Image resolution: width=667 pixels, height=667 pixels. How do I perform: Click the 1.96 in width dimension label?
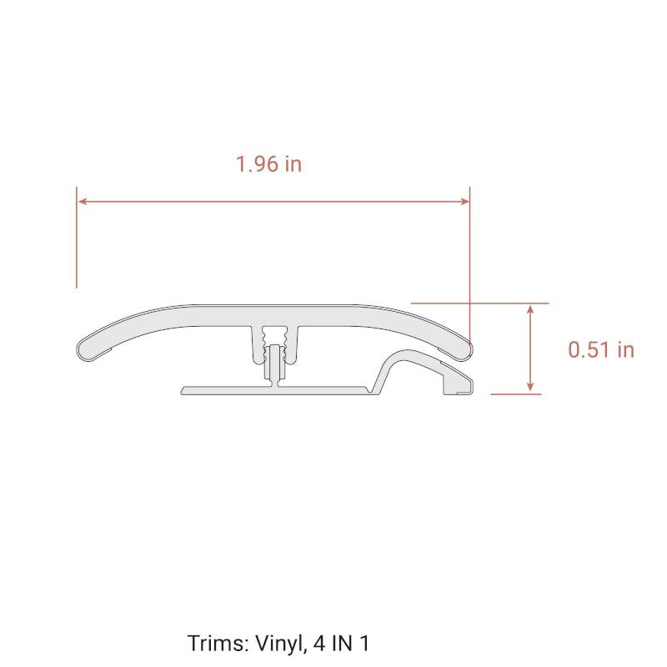click(268, 164)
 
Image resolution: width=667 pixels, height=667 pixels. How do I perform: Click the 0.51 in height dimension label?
click(601, 349)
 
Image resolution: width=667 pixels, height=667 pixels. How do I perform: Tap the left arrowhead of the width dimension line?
click(83, 201)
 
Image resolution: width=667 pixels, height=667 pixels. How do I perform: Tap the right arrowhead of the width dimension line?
click(464, 201)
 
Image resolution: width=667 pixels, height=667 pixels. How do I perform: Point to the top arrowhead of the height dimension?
click(530, 308)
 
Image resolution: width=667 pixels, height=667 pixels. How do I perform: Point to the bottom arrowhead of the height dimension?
click(530, 386)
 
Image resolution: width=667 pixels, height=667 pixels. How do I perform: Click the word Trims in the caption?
click(218, 643)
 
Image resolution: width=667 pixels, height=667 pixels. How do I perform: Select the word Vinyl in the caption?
click(281, 644)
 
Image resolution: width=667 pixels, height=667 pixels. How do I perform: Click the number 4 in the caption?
click(319, 644)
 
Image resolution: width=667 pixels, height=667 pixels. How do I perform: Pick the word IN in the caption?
click(343, 644)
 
